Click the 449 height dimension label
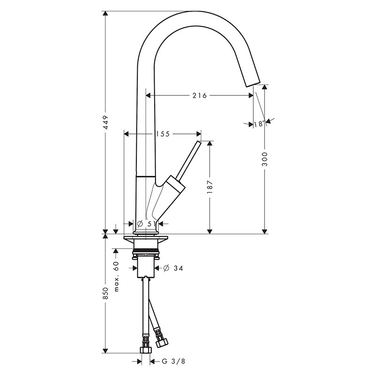tap(105, 123)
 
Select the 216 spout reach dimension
tap(199, 96)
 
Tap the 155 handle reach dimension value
tap(163, 134)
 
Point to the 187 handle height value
tap(210, 187)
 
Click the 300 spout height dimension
tap(265, 159)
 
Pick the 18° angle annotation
tap(259, 124)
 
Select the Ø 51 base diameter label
tap(146, 224)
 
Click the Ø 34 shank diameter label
tap(173, 268)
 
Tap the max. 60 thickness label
tap(116, 276)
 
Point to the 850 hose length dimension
tap(105, 293)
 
